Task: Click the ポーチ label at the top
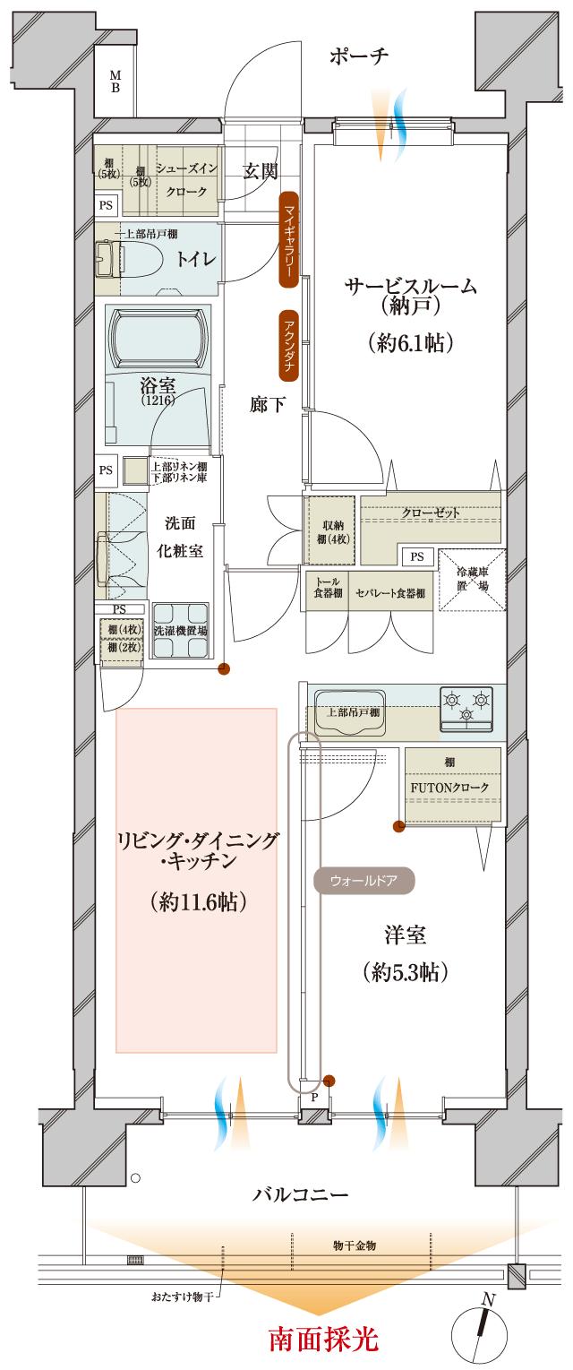click(x=358, y=56)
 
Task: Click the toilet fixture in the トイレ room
click(x=134, y=258)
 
